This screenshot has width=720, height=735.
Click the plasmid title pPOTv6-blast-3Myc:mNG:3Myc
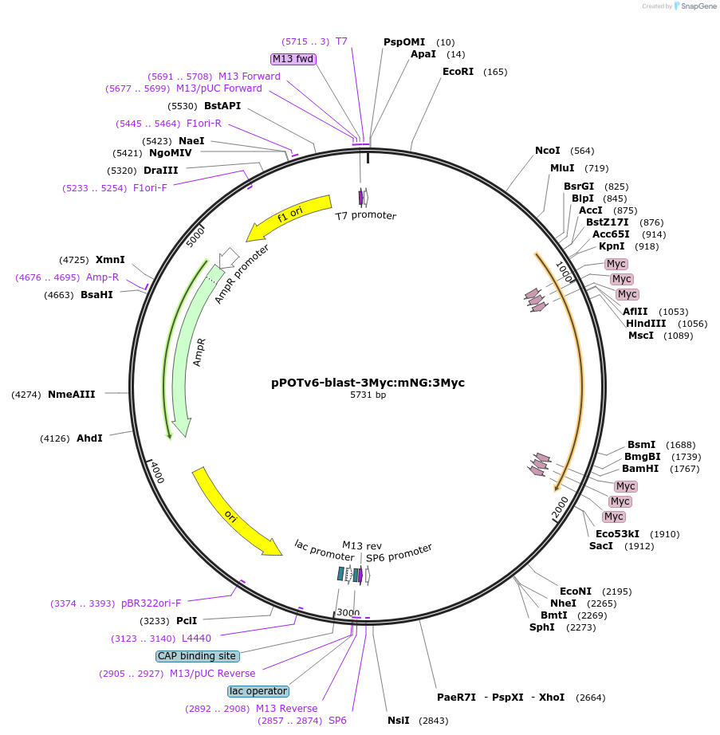coord(368,383)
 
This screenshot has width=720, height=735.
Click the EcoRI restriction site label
coord(458,72)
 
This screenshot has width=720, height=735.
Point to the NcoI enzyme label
coord(547,151)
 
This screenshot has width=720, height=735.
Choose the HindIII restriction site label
coord(646,324)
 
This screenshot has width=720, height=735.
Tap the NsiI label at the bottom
coord(398,721)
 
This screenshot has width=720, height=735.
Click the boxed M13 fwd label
coord(293,59)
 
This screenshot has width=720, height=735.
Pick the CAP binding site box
coord(197,656)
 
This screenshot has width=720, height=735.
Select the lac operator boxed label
coord(258,691)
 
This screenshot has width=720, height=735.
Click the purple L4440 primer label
coord(196,639)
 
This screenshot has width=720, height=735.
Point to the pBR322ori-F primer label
coord(151,603)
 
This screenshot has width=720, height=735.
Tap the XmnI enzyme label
coord(110,260)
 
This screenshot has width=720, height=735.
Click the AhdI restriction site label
coord(89,438)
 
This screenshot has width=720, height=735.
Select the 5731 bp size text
coord(368,395)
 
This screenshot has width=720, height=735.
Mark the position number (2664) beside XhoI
coord(590,698)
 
